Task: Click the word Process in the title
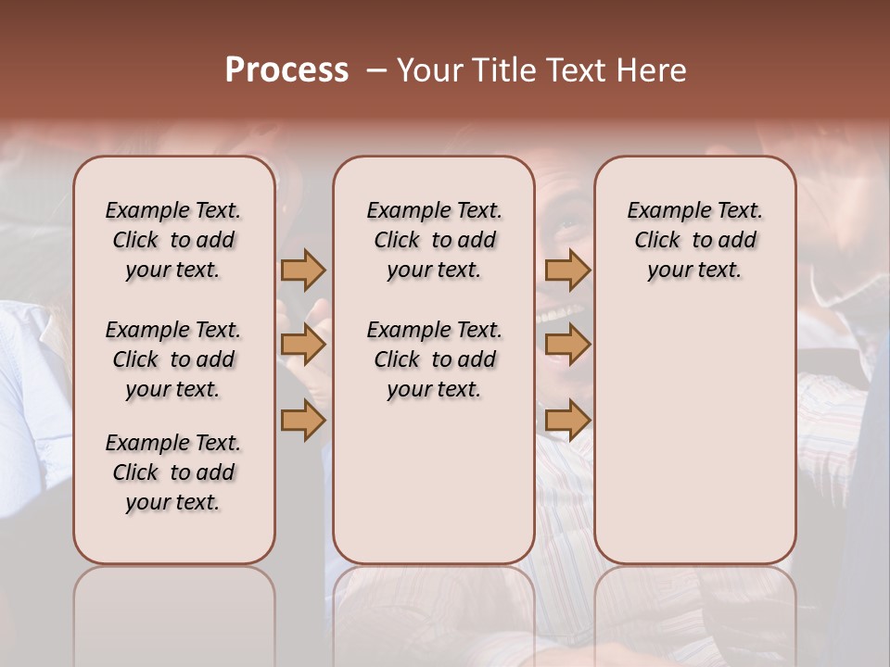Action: [286, 70]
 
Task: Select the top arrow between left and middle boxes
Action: [302, 270]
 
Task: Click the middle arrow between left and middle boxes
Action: [302, 345]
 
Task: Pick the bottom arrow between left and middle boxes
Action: [302, 421]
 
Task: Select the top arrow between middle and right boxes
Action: [567, 270]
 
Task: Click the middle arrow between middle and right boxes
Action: [567, 345]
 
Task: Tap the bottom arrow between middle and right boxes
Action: [567, 421]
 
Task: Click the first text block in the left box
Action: [173, 240]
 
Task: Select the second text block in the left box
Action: [173, 359]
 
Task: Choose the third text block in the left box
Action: [173, 472]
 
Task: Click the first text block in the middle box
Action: [434, 240]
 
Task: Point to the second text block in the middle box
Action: [434, 359]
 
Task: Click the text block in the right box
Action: [695, 240]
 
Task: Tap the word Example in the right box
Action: [663, 211]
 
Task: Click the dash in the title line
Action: [376, 71]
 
